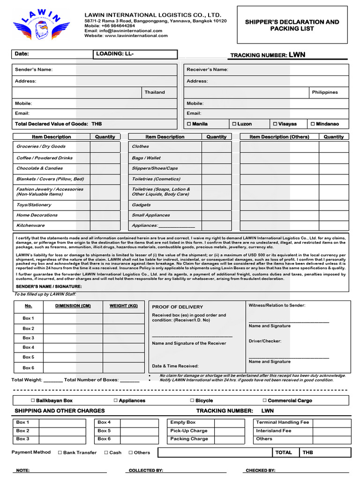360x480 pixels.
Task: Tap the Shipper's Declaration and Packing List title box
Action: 292,25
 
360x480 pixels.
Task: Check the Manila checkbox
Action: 189,124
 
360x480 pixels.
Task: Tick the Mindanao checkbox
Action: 313,124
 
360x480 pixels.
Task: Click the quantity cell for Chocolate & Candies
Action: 105,168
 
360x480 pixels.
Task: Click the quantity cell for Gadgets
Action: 217,205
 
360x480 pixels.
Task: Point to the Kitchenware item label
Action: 31,225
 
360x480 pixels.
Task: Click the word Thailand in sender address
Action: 155,92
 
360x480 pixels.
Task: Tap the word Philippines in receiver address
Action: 325,92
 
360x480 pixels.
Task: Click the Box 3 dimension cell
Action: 73,338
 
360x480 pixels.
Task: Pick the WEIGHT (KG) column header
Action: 124,306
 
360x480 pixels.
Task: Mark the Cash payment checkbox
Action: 106,453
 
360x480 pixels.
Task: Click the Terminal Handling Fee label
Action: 283,422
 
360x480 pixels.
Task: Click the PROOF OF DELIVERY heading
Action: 171,307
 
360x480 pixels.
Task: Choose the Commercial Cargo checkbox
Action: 264,401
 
